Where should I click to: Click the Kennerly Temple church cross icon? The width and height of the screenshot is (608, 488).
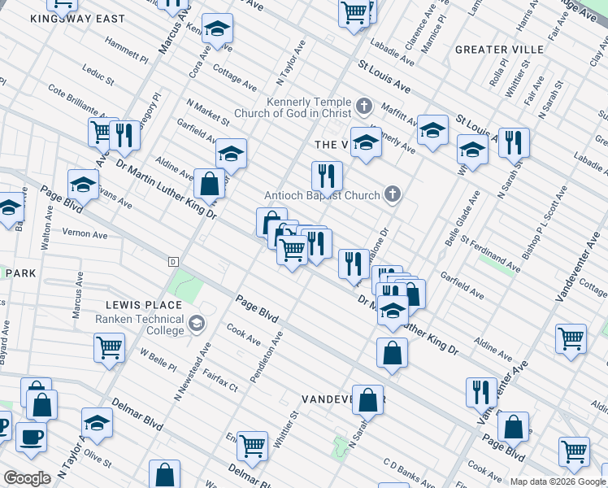pos(363,105)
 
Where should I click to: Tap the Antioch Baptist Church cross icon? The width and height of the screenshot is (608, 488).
pos(393,194)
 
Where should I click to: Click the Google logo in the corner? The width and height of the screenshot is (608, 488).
pos(27,477)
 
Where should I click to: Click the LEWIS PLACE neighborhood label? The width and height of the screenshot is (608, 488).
pos(135,304)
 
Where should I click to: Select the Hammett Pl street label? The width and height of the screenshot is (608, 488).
pos(127,54)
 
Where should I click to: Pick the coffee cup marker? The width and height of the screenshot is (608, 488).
pos(31,437)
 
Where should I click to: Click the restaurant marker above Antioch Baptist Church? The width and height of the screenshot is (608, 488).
pos(326,175)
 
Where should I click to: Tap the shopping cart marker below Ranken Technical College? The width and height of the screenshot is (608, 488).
pos(109,347)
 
